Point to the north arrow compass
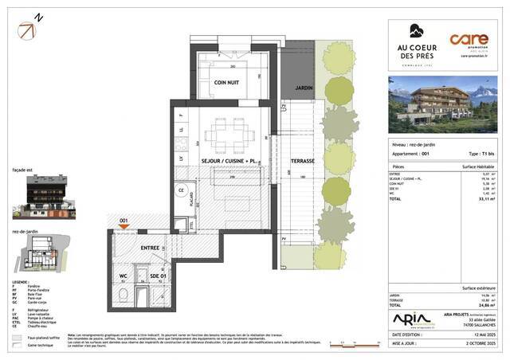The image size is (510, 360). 27,30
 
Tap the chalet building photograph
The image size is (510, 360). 443,104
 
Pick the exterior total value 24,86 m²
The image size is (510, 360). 485,304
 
